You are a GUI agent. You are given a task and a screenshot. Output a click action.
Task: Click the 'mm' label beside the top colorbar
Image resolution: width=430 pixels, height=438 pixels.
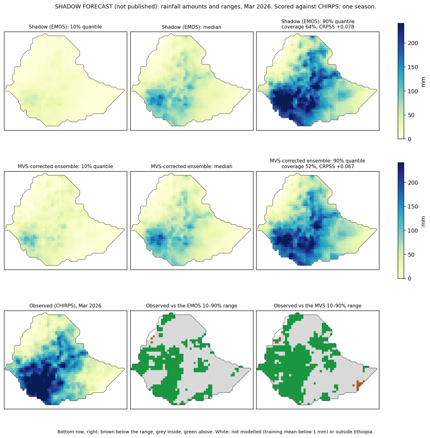(423, 82)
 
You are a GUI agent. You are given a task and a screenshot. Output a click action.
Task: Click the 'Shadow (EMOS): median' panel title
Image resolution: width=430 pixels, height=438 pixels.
(191, 27)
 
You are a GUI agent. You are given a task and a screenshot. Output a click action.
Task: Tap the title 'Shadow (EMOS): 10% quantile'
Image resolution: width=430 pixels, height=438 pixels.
(65, 27)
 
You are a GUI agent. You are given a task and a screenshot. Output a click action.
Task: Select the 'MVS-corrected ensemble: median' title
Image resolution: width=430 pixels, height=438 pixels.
(191, 166)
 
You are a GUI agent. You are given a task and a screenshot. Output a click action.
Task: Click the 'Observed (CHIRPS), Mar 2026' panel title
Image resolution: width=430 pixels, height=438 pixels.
(65, 306)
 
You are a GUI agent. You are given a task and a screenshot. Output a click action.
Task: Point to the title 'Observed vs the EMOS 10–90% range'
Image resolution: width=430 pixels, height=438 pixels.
(191, 306)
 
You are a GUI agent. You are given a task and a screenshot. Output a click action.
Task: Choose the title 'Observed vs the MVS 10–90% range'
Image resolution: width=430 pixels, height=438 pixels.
(317, 306)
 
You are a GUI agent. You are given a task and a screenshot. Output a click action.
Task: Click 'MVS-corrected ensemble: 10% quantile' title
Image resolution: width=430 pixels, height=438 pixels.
(65, 166)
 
